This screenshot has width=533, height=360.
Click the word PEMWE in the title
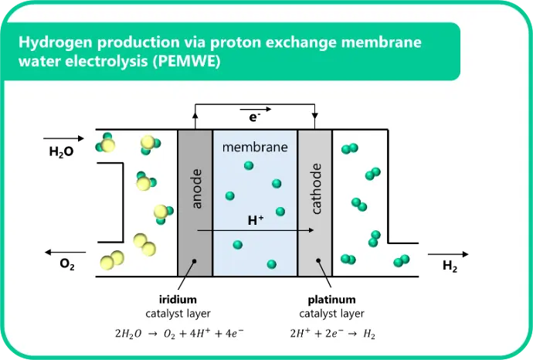coord(186,62)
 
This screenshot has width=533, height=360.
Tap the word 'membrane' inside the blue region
coord(255,147)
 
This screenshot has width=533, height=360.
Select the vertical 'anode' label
coord(196,188)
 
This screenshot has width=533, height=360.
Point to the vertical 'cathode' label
coord(316,188)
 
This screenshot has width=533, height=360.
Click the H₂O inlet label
coord(61,151)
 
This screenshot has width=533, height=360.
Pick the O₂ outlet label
coord(67,264)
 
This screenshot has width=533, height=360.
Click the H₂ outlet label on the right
coord(450,266)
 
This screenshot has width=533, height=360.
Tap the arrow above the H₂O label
coord(63,138)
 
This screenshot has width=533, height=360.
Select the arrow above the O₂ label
coord(65,253)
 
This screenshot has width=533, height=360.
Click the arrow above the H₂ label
coord(448,254)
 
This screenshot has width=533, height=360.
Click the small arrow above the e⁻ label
coord(256,109)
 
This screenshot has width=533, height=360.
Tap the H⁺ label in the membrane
coord(256,220)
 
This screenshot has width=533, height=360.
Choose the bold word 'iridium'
coord(178,300)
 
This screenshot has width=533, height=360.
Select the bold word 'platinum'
coord(331,300)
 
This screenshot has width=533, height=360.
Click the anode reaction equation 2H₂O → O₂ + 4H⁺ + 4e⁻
coord(179,334)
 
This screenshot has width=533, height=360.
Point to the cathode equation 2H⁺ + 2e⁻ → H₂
coord(333,334)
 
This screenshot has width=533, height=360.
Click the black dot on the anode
coord(195,261)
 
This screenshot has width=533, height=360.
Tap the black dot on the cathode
coord(318,261)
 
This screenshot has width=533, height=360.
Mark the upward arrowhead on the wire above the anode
coord(195,115)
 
